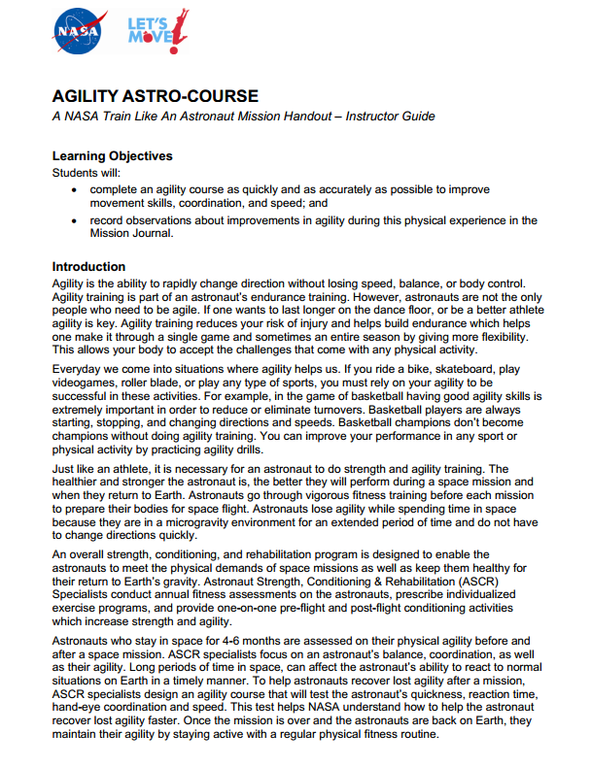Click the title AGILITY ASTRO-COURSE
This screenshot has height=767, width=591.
pyautogui.click(x=156, y=96)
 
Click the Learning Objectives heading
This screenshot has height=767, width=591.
pyautogui.click(x=112, y=155)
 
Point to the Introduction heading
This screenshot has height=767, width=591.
pyautogui.click(x=88, y=266)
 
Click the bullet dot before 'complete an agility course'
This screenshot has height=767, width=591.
pyautogui.click(x=76, y=189)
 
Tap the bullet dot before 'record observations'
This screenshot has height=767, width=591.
pyautogui.click(x=76, y=220)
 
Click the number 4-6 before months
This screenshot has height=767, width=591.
pyautogui.click(x=230, y=641)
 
